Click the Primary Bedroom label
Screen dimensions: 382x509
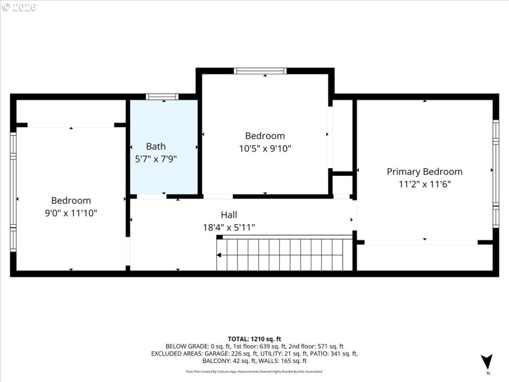click(x=424, y=172)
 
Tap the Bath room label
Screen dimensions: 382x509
click(x=156, y=146)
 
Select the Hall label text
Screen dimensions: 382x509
click(x=229, y=215)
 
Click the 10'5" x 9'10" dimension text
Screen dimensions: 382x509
click(x=265, y=148)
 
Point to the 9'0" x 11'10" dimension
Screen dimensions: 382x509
click(x=71, y=213)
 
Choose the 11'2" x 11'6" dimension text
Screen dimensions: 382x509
click(x=424, y=185)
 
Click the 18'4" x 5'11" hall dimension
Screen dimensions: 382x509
click(x=229, y=227)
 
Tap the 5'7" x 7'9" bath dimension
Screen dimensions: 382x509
click(x=156, y=159)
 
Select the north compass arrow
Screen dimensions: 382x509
click(x=487, y=361)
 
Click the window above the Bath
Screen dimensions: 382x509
click(x=162, y=97)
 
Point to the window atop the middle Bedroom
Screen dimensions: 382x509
click(x=260, y=71)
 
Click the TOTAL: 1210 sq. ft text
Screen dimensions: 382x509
click(x=254, y=339)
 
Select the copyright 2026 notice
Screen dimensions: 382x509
click(x=19, y=8)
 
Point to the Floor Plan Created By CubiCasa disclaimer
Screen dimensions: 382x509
click(x=254, y=371)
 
